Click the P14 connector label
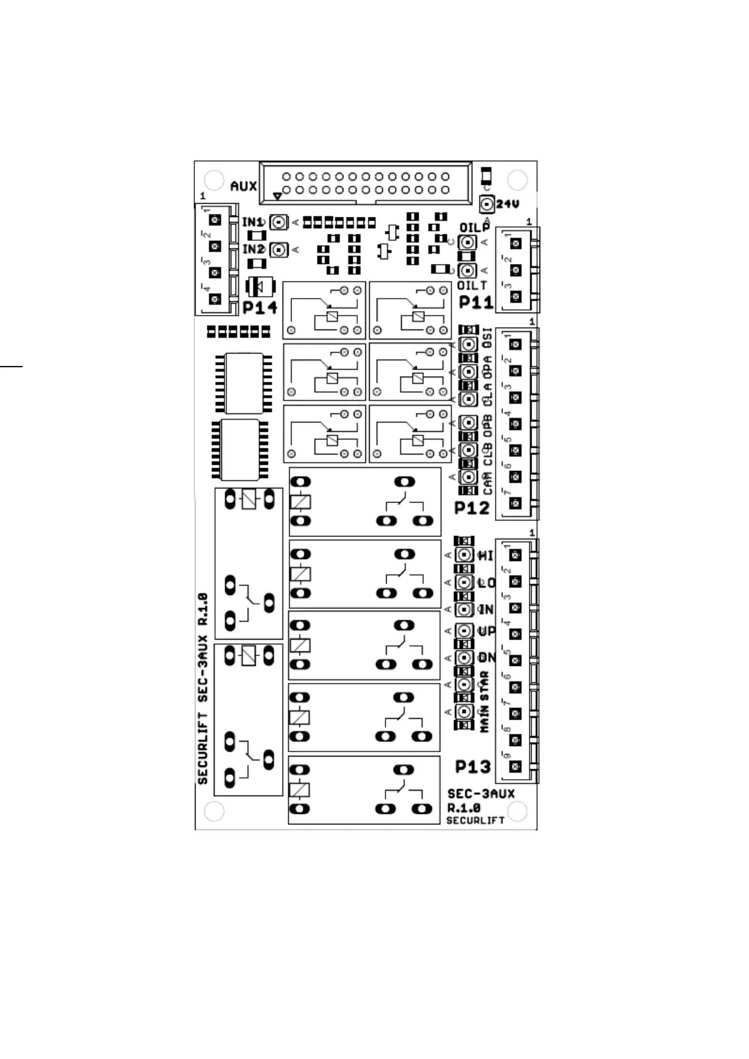click(260, 308)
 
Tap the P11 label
click(476, 302)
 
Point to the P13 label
click(473, 767)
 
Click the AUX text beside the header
click(243, 187)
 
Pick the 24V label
click(508, 204)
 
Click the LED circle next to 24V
click(486, 204)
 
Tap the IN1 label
click(253, 222)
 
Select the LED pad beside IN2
click(278, 250)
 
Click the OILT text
click(472, 286)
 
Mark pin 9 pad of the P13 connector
click(516, 767)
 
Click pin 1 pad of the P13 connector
click(516, 555)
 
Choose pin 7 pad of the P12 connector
click(516, 503)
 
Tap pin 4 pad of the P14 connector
click(216, 299)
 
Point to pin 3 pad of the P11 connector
click(516, 296)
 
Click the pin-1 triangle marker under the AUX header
click(277, 196)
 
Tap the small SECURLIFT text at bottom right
click(475, 820)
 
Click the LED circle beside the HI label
click(464, 555)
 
